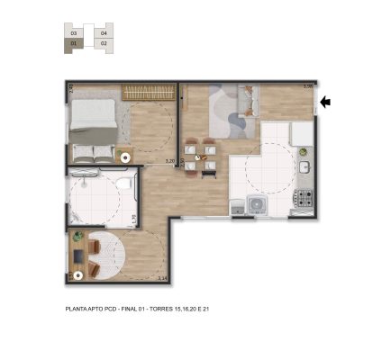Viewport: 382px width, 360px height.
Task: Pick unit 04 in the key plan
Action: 105,32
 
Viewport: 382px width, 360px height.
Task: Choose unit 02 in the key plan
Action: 105,42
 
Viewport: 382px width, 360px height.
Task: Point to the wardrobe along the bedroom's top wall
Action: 147,91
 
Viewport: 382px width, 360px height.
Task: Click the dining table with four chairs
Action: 199,150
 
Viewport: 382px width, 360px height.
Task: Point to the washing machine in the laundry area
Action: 258,204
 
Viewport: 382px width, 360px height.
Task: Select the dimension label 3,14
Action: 163,278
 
